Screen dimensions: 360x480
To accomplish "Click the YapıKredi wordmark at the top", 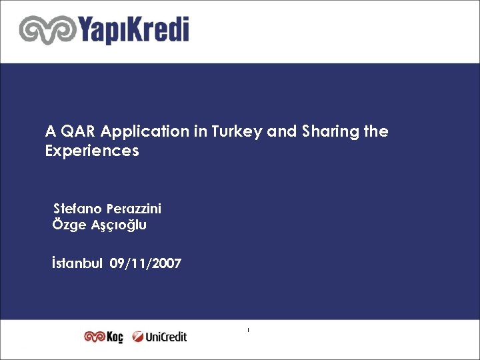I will (x=133, y=31).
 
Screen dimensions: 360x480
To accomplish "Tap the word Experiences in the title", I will (x=92, y=151).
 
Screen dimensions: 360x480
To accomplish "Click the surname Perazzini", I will (x=137, y=209).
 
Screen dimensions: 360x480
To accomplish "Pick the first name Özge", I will (x=69, y=225).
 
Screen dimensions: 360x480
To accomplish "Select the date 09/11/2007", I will (x=145, y=264).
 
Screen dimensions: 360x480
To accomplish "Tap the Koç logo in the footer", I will (x=103, y=337).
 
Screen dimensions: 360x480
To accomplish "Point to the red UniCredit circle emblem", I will (x=138, y=337).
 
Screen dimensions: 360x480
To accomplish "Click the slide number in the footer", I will (x=247, y=330).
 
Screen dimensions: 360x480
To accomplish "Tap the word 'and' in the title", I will (x=281, y=131).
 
